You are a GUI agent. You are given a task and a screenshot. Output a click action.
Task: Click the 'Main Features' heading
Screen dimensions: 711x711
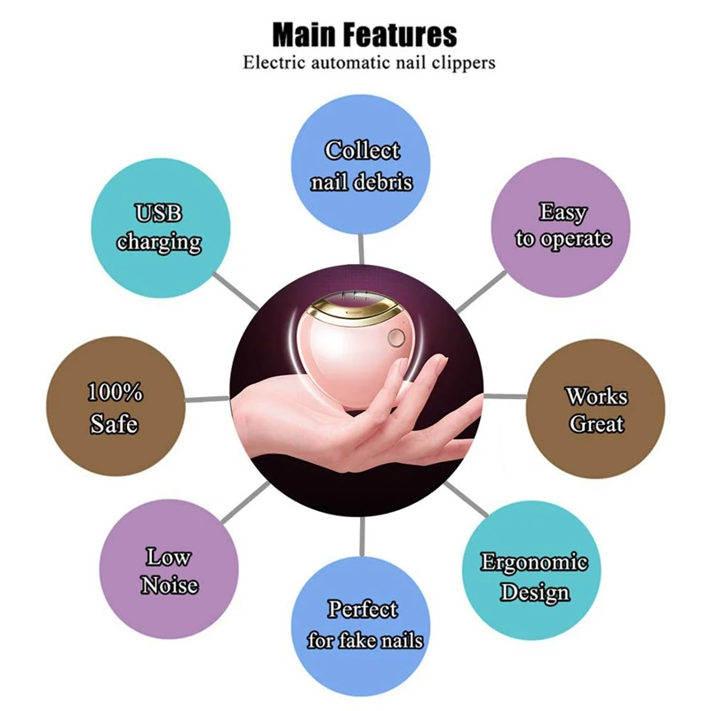[x=363, y=35]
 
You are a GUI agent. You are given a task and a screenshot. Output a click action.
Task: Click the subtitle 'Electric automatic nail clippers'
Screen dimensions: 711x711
[x=369, y=63]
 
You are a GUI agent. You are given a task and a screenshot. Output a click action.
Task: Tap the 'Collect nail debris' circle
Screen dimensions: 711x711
[x=362, y=164]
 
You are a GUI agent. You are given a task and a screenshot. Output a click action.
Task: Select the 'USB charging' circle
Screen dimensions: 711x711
[x=159, y=228]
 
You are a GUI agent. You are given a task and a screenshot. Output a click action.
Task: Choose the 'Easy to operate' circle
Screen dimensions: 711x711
[x=563, y=226]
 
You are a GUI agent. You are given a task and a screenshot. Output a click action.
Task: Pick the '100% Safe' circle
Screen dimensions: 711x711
[x=115, y=408]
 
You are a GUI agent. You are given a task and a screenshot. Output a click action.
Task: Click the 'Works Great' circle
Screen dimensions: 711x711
[x=596, y=409]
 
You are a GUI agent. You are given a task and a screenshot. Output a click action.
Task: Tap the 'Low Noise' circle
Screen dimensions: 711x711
[x=168, y=571]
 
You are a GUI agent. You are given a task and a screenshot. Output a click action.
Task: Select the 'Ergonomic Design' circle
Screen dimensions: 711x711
[x=534, y=577]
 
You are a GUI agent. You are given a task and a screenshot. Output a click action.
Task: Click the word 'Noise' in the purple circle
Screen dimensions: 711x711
[x=169, y=585]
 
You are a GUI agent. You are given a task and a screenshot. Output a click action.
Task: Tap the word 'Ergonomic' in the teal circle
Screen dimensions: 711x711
[x=534, y=563]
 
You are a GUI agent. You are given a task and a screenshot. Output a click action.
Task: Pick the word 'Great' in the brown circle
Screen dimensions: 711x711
[x=596, y=423]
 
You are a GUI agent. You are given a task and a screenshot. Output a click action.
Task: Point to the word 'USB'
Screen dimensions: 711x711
[x=159, y=214]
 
